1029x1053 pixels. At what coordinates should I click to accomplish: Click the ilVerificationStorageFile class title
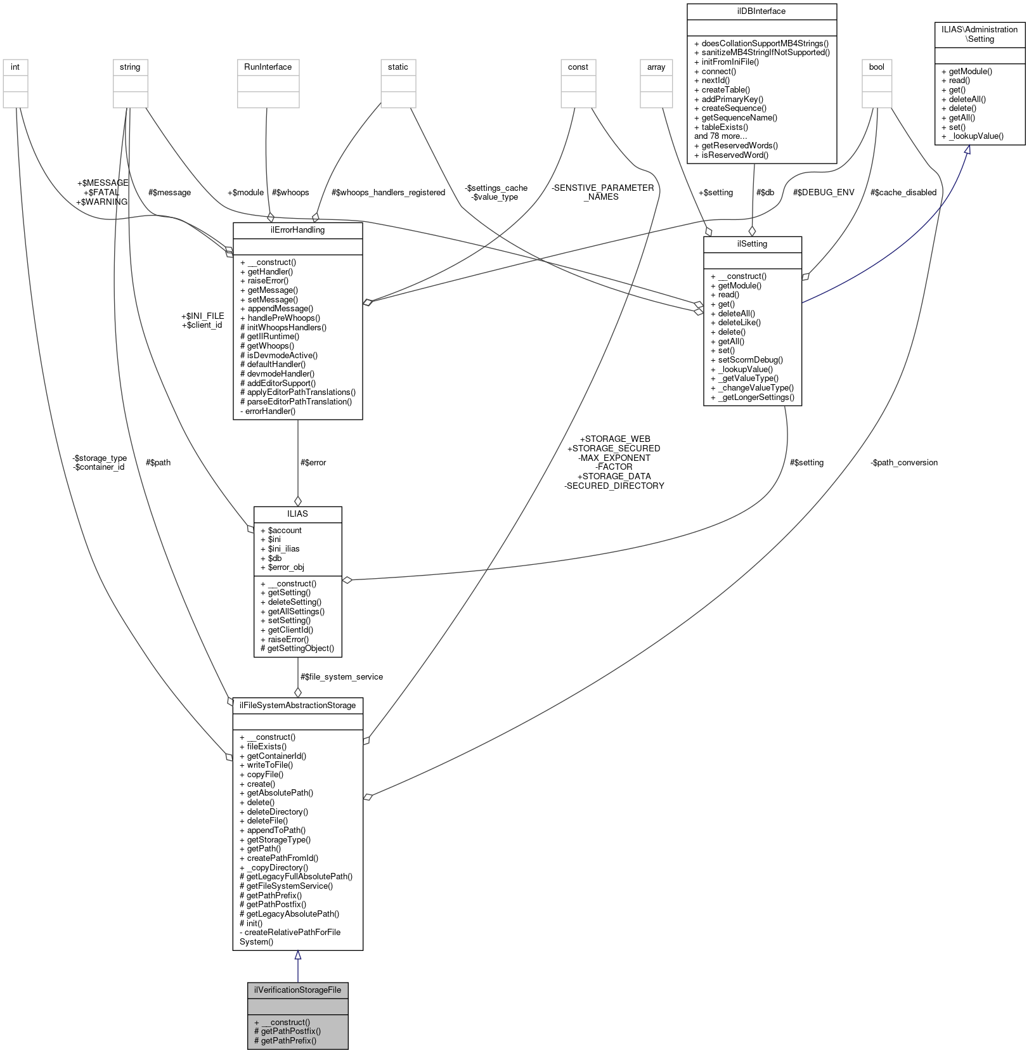[297, 990]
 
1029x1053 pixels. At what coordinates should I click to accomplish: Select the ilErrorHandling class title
[297, 229]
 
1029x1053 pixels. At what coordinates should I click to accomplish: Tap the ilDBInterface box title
[761, 11]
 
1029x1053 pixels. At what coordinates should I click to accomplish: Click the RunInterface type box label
[268, 67]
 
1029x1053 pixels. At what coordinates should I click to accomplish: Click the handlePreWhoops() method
[283, 318]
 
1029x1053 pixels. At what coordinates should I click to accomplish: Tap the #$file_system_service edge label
[341, 676]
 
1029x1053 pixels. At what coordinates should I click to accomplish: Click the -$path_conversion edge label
[903, 462]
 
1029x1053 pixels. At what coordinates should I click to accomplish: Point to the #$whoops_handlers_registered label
[388, 192]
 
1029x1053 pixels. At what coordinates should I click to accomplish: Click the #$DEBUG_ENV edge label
[823, 192]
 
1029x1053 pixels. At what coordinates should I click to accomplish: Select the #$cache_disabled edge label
[903, 192]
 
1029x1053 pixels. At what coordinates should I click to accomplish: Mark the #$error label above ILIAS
[313, 462]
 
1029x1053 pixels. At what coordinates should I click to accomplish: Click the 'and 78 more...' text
[720, 136]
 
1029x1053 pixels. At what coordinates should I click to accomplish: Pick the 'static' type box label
[398, 67]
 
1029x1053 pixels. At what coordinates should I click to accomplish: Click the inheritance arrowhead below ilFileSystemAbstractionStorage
[297, 955]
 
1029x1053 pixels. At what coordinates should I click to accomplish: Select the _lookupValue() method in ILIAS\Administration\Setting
[976, 136]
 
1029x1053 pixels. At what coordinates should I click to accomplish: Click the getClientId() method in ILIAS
[290, 630]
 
